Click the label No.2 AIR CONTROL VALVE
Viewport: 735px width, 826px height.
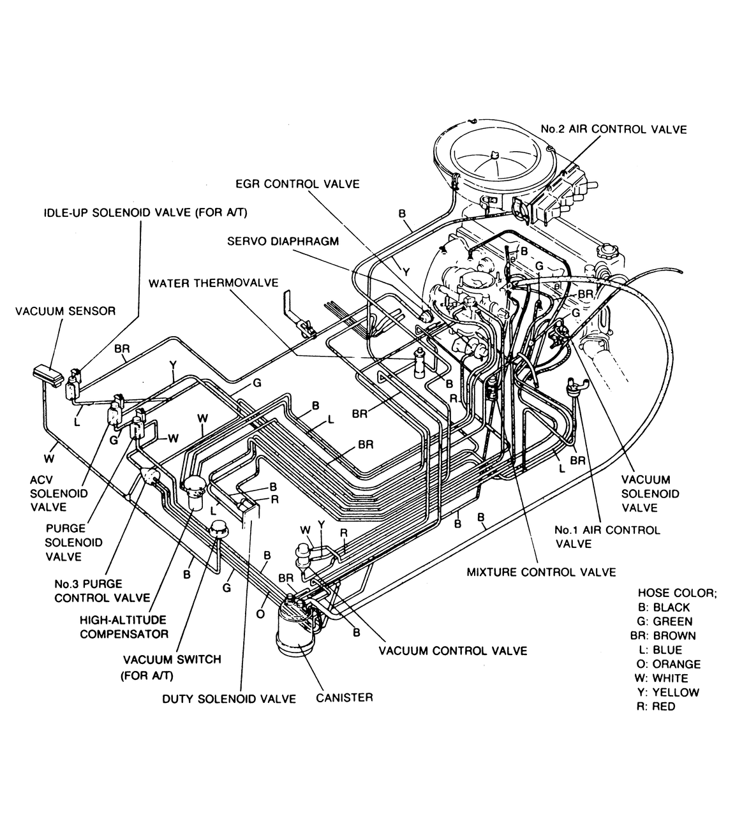click(613, 129)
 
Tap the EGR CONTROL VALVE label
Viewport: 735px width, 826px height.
click(297, 184)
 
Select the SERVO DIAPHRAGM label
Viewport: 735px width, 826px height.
click(283, 241)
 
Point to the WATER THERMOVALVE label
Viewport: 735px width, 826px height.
click(213, 283)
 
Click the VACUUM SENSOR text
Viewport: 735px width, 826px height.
click(65, 311)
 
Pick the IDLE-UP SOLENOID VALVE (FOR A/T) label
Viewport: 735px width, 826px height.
click(145, 212)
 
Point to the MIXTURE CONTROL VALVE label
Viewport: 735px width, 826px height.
click(541, 572)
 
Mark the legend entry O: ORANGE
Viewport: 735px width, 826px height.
click(669, 664)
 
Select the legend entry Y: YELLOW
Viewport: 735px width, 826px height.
click(669, 692)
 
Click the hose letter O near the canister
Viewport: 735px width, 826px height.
click(260, 614)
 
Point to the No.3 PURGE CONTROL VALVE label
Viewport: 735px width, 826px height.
click(102, 591)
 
